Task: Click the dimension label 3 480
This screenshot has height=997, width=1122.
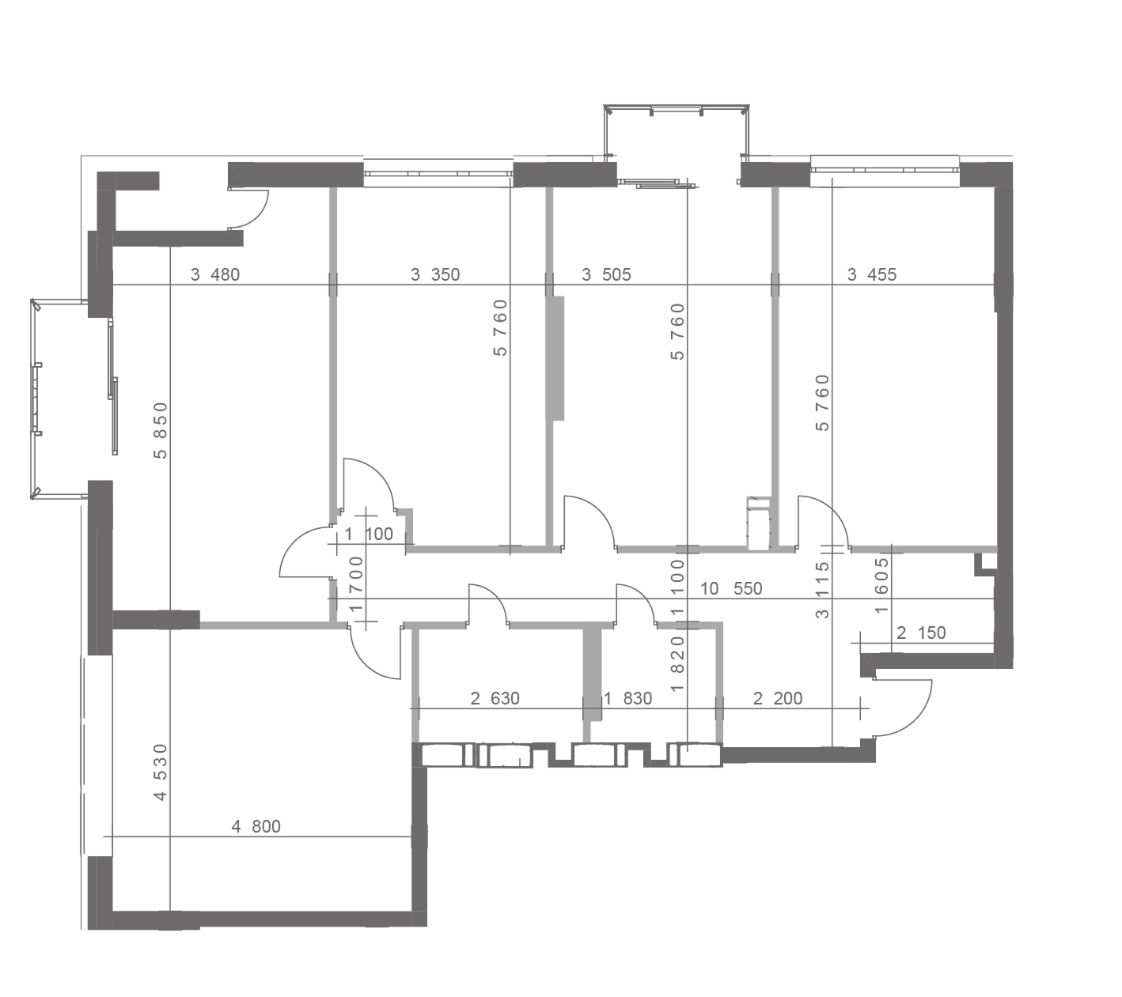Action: coord(215,274)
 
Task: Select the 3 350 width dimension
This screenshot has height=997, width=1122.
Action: coord(434,274)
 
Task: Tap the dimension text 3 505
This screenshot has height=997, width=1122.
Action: coord(606,274)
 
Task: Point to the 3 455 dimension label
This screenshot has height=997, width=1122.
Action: coord(872,274)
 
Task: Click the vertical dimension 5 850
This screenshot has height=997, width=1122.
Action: coord(161,431)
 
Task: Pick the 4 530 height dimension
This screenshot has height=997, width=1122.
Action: coord(161,772)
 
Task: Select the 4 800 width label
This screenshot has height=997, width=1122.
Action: coord(256,826)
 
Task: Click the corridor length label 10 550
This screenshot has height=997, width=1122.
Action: coord(731,588)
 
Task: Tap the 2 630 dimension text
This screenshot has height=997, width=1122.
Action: coord(495,698)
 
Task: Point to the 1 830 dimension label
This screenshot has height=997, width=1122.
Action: coord(627,698)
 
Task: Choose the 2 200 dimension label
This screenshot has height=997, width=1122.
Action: coord(778,698)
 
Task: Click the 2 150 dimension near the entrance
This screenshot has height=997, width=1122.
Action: coord(921,633)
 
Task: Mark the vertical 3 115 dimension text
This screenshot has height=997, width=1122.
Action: coord(823,590)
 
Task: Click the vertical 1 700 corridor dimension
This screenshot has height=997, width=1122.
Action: coord(356,584)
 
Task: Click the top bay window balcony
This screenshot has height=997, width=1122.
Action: coord(677,133)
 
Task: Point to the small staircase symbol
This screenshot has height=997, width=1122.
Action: coord(758,523)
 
